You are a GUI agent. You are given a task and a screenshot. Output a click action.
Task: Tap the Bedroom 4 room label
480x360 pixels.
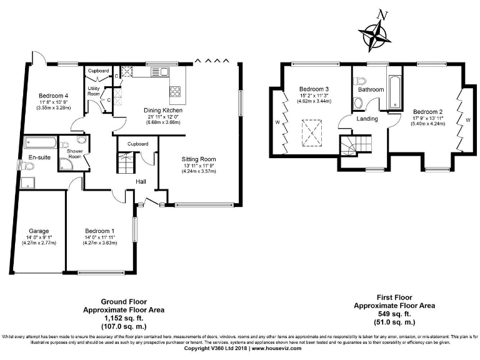(53, 95)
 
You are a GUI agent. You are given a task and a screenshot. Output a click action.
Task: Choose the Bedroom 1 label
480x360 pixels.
(100, 231)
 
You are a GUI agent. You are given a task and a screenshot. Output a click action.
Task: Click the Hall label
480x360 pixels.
(142, 182)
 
